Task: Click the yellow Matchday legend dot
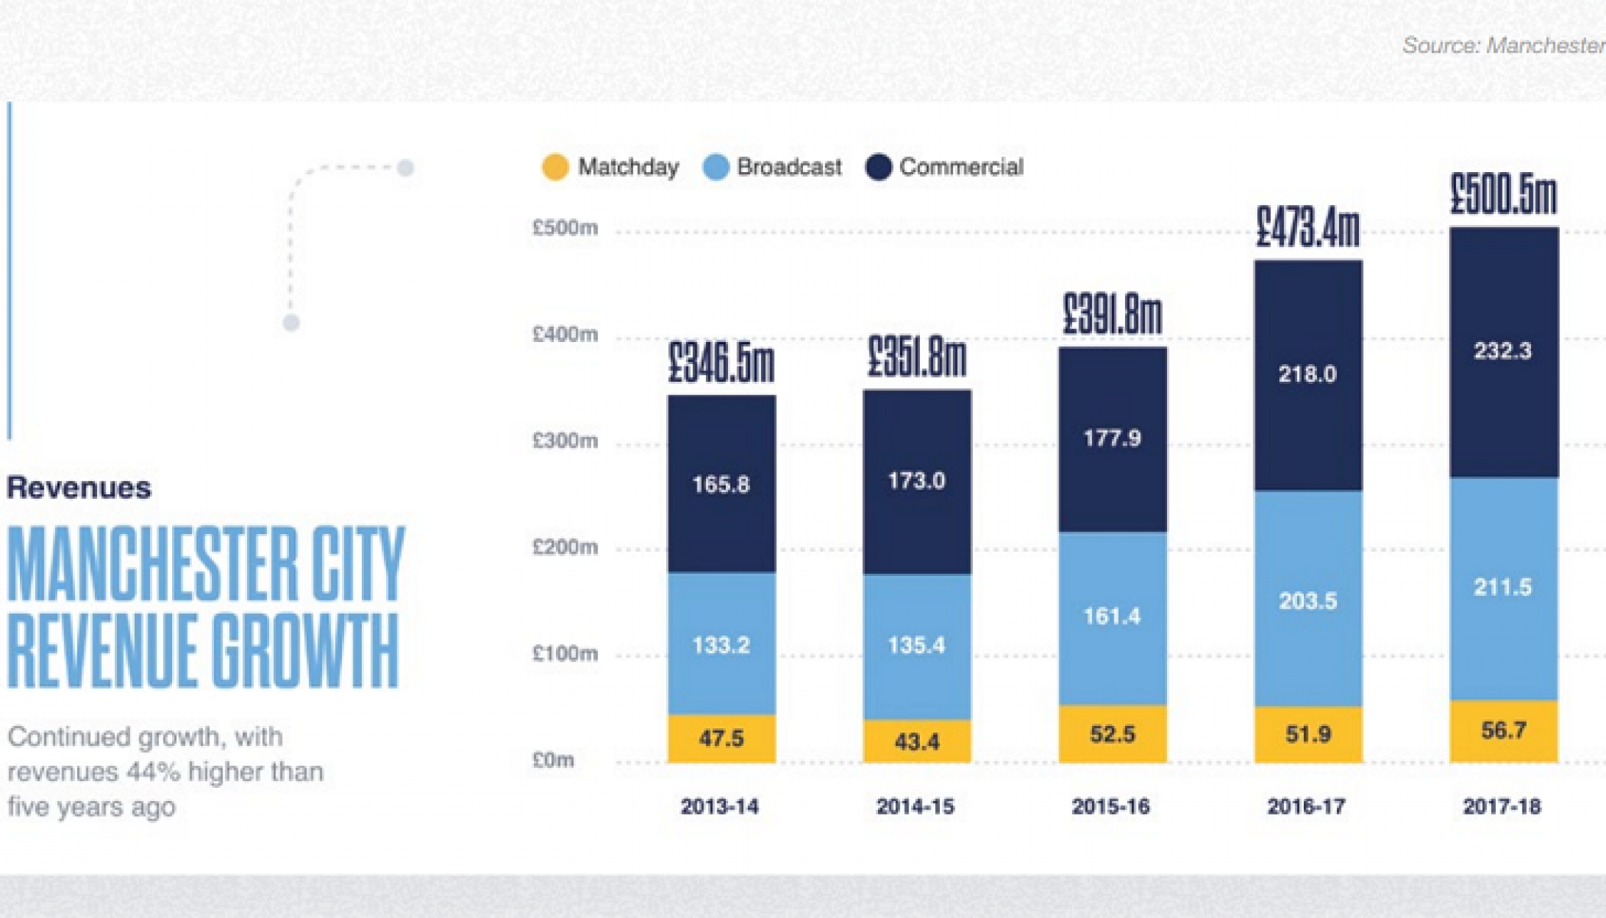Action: [555, 167]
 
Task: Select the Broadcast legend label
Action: [788, 167]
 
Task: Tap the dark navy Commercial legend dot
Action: [879, 167]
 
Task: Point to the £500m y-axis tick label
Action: [565, 228]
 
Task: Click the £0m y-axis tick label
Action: [553, 760]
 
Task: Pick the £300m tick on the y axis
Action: [565, 441]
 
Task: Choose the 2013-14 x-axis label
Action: [720, 806]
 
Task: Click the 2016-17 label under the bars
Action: [1306, 806]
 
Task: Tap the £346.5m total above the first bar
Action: [721, 363]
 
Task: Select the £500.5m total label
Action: [1504, 194]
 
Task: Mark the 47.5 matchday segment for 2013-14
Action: [721, 738]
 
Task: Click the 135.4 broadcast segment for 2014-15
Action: [916, 645]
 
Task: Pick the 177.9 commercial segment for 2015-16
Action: [1112, 438]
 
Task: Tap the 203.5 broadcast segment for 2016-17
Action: [1308, 601]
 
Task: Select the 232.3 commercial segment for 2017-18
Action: [1503, 351]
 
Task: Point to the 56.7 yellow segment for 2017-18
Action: [1504, 731]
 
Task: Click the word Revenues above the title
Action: [79, 488]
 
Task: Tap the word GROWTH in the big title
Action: [305, 651]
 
